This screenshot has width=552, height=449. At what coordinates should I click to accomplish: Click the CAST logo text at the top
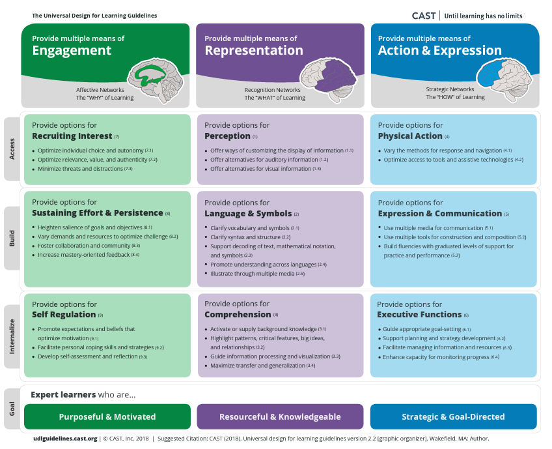pyautogui.click(x=424, y=16)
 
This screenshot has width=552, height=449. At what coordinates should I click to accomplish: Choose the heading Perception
pyautogui.click(x=227, y=136)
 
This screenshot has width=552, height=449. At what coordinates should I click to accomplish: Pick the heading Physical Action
pyautogui.click(x=409, y=136)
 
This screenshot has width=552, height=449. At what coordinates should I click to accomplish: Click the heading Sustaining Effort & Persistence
pyautogui.click(x=97, y=213)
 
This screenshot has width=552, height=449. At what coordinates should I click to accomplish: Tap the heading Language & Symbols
pyautogui.click(x=247, y=214)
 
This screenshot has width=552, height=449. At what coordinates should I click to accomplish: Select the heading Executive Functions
pyautogui.click(x=419, y=315)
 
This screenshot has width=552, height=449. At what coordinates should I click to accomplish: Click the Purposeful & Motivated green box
pyautogui.click(x=107, y=416)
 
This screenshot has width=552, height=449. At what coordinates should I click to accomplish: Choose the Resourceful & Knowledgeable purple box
pyautogui.click(x=280, y=416)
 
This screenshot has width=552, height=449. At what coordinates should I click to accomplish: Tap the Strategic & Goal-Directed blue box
pyautogui.click(x=453, y=416)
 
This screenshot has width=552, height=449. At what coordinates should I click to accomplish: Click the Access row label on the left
pyautogui.click(x=12, y=149)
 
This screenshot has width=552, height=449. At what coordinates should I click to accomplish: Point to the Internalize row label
pyautogui.click(x=12, y=338)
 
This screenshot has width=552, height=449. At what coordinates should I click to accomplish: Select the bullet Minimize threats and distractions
pyautogui.click(x=81, y=169)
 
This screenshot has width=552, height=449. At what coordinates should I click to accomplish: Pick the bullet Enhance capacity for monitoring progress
pyautogui.click(x=436, y=357)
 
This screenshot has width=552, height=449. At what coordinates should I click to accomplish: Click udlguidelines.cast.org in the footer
pyautogui.click(x=65, y=439)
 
